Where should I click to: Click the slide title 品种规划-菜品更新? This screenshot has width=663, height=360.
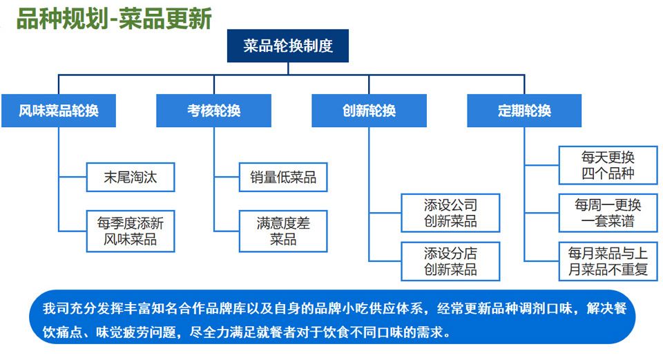[x=114, y=19]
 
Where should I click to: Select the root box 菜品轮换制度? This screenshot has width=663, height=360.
[x=288, y=46]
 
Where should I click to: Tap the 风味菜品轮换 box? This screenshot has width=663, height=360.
[x=58, y=111]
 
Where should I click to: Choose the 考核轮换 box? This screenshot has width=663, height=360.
[x=213, y=111]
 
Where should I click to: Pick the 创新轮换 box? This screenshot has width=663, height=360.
[x=369, y=111]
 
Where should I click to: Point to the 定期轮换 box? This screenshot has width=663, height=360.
[x=524, y=111]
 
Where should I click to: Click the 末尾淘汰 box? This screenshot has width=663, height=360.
[x=131, y=178]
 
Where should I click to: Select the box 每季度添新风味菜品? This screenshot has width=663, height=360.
[x=131, y=231]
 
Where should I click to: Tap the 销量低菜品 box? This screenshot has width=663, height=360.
[x=283, y=178]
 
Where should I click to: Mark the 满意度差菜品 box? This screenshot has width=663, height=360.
[x=283, y=231]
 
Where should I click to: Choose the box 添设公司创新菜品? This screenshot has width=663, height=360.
[x=450, y=213]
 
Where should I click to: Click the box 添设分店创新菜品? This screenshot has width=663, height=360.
[x=450, y=261]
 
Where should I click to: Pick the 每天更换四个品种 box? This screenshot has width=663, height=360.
[x=608, y=165]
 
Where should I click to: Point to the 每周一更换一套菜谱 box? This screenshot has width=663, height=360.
[x=608, y=213]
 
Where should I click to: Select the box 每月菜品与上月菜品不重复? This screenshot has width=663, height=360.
[x=608, y=261]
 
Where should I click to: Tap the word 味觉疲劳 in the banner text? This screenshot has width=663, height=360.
[x=123, y=332]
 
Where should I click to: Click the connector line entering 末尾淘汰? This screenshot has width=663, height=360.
[x=73, y=177]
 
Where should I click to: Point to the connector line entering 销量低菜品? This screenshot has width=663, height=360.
[x=227, y=177]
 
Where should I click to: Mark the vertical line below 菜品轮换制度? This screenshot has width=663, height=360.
[x=288, y=68]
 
